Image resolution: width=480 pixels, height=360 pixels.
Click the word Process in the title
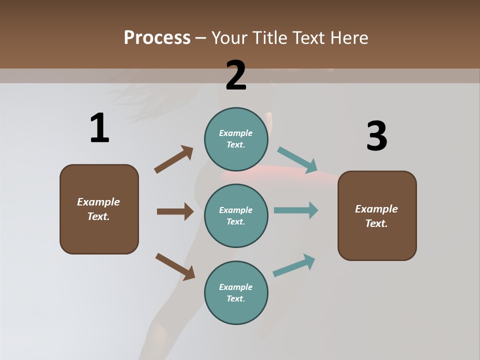[x=157, y=37]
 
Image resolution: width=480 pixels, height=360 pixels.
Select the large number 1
[x=99, y=128]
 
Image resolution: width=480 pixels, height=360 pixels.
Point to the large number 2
[x=236, y=75]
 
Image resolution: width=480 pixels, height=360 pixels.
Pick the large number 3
[x=376, y=136]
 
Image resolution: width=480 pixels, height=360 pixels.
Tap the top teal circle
[x=236, y=139]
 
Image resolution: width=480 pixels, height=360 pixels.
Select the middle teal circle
[x=236, y=215]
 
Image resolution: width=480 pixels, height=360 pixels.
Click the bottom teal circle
[x=236, y=292]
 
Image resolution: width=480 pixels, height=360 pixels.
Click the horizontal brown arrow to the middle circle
[x=175, y=211]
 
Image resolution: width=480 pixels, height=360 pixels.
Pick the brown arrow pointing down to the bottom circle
[x=175, y=266]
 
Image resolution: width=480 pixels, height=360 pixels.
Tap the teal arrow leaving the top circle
[x=297, y=160]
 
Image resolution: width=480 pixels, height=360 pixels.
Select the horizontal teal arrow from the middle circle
[x=296, y=210]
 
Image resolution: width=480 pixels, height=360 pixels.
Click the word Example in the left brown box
[x=98, y=202]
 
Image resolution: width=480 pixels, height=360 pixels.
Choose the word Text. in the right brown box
[x=376, y=223]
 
